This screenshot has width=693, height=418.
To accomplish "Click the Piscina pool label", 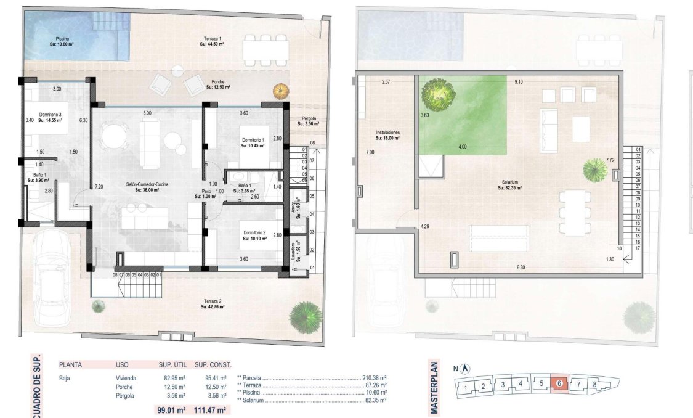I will (62, 41).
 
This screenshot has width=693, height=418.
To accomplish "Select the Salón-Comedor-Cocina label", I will (147, 187).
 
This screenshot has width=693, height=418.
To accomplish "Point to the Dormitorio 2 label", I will (254, 234).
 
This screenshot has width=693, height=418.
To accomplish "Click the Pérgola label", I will (309, 121).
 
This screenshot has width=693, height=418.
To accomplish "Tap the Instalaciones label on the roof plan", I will (388, 135).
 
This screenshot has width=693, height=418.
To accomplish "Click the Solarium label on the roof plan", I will (509, 184).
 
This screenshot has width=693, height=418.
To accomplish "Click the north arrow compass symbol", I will (466, 368).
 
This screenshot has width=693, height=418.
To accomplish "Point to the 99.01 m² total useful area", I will (172, 409).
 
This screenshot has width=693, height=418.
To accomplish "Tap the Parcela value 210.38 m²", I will (373, 378).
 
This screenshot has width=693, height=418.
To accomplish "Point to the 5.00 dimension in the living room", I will (147, 113).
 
